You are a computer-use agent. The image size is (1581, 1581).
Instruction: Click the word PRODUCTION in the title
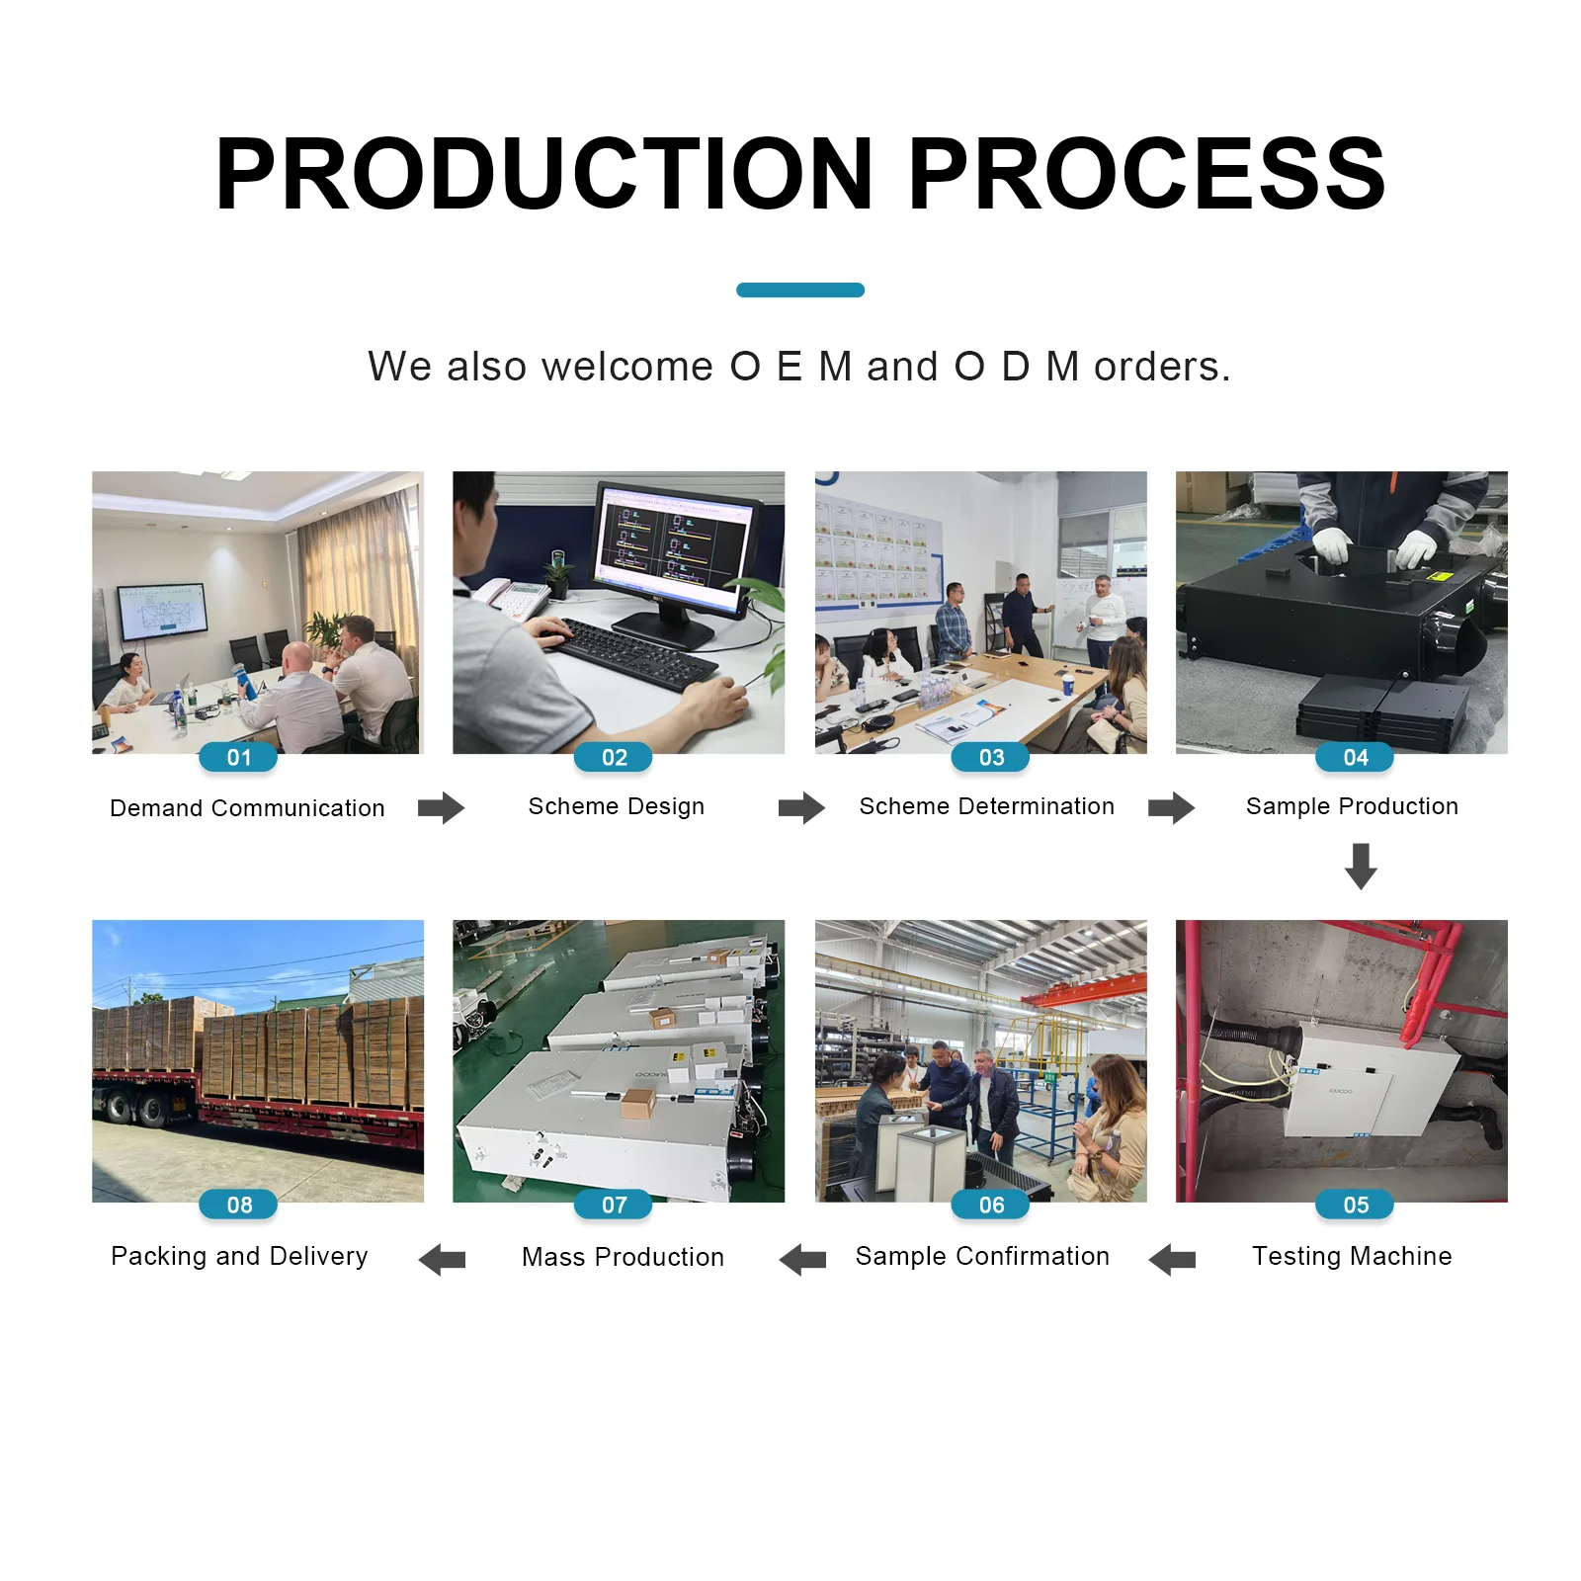click(x=543, y=174)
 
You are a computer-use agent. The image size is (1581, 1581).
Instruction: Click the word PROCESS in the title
click(x=1146, y=174)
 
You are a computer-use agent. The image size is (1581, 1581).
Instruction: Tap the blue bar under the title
click(x=800, y=290)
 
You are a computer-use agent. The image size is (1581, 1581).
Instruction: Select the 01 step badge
click(x=238, y=757)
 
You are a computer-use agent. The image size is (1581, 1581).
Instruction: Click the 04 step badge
click(x=1355, y=757)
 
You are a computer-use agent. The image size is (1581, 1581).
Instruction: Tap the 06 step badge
click(x=990, y=1205)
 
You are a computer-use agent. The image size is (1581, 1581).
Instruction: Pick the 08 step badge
click(x=238, y=1205)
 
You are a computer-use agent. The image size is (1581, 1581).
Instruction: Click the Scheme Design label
click(x=617, y=806)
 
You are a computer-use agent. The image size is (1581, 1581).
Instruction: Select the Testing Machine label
click(x=1352, y=1256)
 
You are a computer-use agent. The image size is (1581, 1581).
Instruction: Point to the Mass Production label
click(x=623, y=1257)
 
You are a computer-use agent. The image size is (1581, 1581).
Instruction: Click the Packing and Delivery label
click(x=239, y=1256)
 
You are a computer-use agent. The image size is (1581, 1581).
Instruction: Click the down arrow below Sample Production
click(x=1361, y=866)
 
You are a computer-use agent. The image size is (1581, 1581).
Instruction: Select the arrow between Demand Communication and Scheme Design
click(x=441, y=807)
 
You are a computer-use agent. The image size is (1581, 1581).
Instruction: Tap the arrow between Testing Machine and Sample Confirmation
click(x=1172, y=1259)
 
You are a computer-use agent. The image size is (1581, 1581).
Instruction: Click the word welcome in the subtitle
click(x=627, y=367)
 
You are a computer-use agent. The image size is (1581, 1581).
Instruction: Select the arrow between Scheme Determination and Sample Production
click(x=1171, y=807)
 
